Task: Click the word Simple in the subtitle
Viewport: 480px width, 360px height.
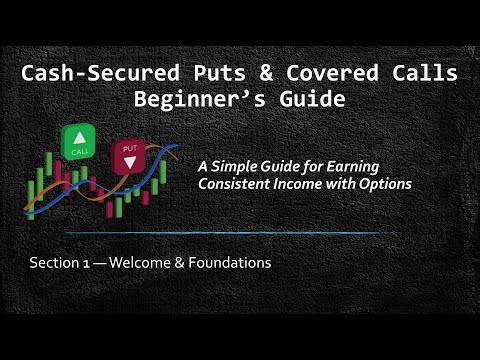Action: coord(264,167)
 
